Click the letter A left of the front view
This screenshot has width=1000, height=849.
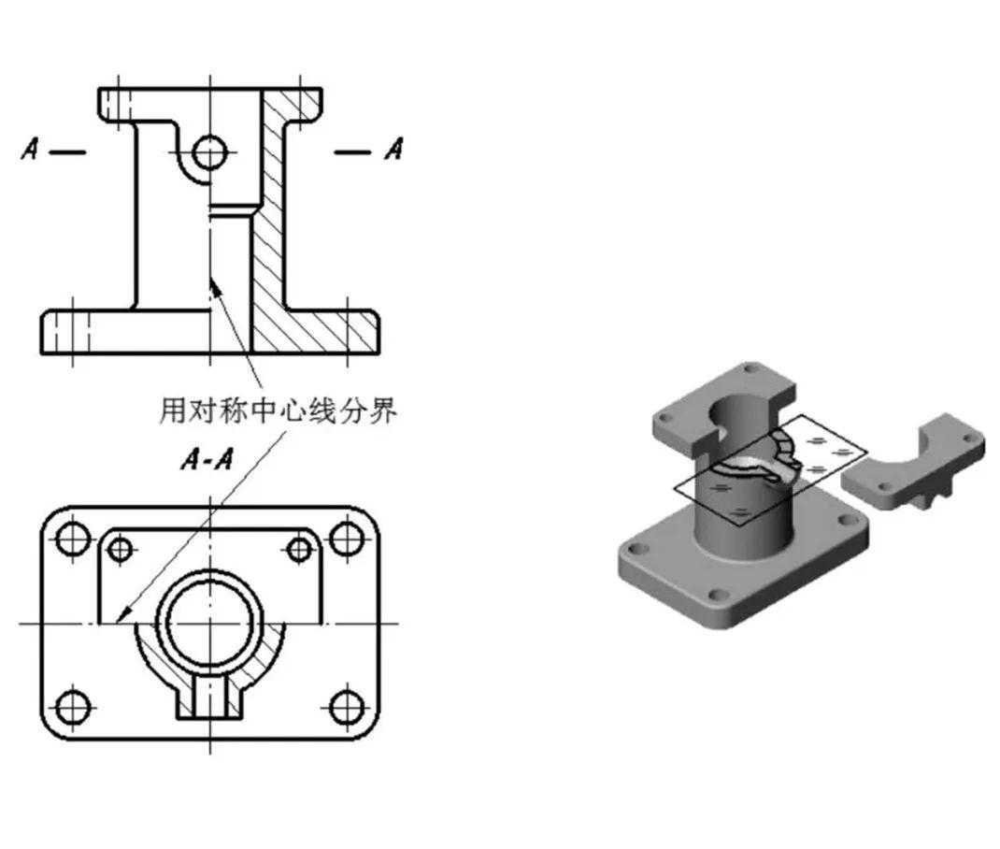[x=31, y=149]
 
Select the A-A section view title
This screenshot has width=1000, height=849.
[x=207, y=460]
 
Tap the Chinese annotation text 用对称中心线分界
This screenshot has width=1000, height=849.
[x=278, y=410]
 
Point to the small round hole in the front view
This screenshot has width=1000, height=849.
[x=210, y=151]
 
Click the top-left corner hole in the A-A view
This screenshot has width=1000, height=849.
[x=72, y=539]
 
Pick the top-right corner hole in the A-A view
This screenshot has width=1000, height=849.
[x=347, y=539]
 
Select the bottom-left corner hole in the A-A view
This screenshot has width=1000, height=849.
[x=72, y=706]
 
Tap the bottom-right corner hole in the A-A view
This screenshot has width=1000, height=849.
[x=347, y=706]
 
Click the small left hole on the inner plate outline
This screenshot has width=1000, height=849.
[x=121, y=550]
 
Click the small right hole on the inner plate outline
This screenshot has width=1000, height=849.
[x=299, y=550]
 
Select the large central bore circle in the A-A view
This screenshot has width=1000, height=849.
[x=209, y=622]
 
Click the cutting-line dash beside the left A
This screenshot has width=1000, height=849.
[x=66, y=151]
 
